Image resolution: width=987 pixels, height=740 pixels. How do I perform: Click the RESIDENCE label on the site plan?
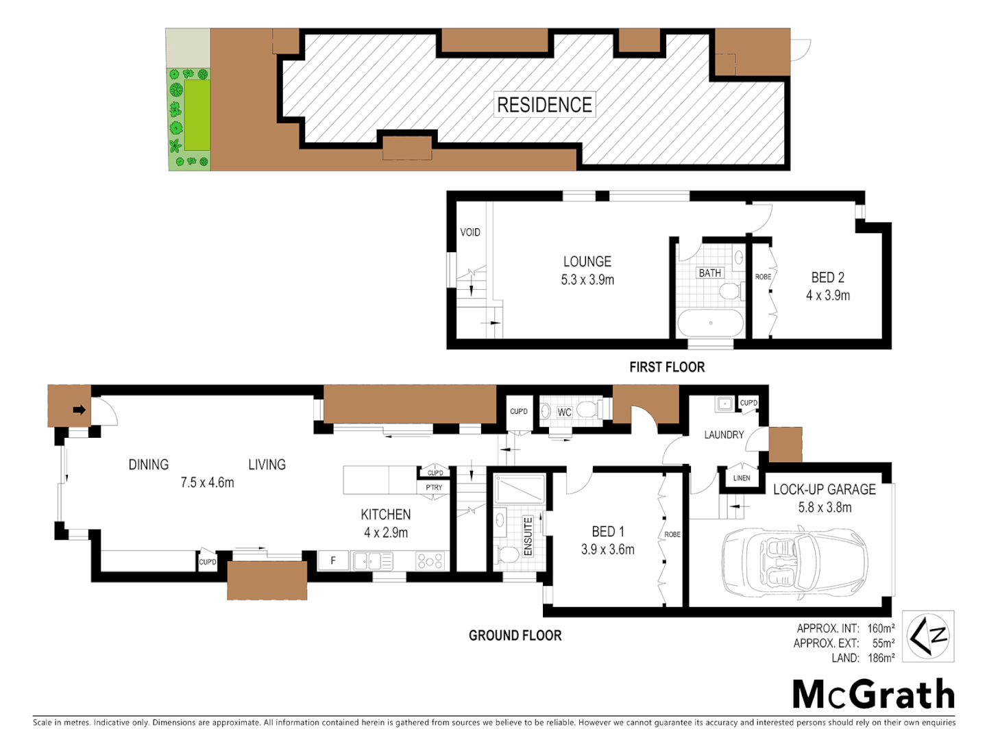point(544,105)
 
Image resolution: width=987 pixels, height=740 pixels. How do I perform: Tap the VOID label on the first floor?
point(470,232)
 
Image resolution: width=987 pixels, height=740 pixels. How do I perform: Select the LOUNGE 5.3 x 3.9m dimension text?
point(587,280)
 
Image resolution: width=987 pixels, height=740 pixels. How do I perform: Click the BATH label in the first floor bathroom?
point(709,273)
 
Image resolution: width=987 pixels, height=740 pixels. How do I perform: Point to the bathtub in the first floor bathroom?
point(711,323)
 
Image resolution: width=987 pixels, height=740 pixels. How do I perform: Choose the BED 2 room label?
point(828,277)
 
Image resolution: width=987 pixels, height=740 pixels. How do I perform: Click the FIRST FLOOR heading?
point(667,367)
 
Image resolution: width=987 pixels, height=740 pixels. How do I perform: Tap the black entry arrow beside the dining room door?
point(79,410)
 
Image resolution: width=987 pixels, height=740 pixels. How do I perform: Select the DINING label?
point(148,465)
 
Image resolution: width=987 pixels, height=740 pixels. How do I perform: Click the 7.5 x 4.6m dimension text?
point(207,482)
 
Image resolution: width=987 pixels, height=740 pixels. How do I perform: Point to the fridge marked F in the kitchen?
point(333,560)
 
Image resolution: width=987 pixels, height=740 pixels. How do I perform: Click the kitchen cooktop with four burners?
point(430,560)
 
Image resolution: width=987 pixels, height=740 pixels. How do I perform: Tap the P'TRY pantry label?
point(434,487)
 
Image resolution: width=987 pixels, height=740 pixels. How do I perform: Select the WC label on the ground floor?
point(564,412)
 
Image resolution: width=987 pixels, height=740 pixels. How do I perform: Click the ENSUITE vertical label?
point(528,536)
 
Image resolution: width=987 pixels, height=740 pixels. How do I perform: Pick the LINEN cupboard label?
point(742,478)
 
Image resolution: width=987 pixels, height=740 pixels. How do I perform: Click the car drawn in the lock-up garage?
point(794,562)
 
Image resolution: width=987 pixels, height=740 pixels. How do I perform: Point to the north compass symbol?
point(928,636)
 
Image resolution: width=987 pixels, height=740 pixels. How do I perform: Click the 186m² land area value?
point(881,658)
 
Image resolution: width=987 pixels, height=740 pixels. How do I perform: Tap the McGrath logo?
point(873,694)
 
